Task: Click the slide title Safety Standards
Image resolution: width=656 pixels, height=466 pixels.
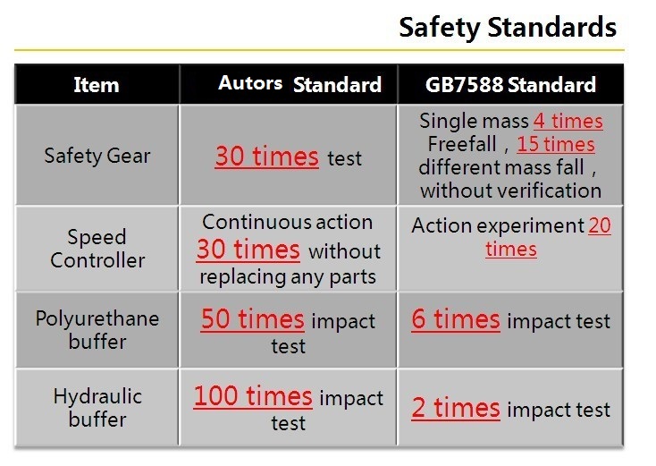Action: (508, 28)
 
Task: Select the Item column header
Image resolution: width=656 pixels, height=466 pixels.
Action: (97, 85)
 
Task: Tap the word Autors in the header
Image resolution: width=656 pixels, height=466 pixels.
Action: (250, 83)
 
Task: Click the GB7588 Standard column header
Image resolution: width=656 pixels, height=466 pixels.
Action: (510, 85)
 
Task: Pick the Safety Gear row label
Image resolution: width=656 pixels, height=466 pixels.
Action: (97, 156)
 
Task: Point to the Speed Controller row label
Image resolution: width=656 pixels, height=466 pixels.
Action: (97, 249)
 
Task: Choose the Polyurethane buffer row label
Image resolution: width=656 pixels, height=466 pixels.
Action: (97, 330)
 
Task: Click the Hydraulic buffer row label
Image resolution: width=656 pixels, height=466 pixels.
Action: (97, 407)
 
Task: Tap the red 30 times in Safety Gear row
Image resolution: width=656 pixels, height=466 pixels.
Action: (267, 157)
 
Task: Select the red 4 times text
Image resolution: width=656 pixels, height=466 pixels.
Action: (568, 122)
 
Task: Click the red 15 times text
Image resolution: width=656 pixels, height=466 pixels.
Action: (556, 144)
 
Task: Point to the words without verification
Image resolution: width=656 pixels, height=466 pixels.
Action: (510, 191)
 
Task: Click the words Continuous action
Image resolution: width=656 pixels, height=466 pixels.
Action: (288, 222)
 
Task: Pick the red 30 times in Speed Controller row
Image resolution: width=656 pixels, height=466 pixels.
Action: (248, 250)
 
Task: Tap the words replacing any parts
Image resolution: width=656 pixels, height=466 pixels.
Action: (288, 277)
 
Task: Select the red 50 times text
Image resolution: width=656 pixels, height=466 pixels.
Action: (252, 319)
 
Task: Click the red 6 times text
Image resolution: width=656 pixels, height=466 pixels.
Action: (456, 319)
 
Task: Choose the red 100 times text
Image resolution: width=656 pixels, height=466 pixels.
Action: (253, 395)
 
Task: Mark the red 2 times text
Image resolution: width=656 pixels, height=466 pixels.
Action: (456, 408)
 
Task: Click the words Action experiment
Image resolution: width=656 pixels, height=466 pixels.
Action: (498, 226)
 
